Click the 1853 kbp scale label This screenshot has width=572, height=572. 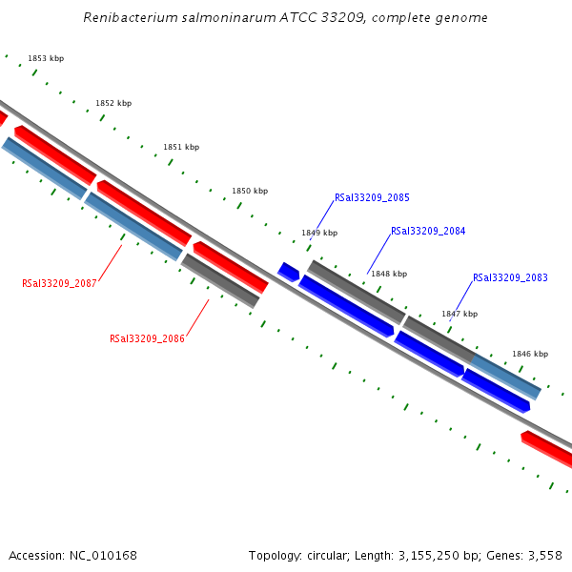(46, 59)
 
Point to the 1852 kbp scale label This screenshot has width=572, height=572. (113, 104)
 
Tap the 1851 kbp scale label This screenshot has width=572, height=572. (181, 148)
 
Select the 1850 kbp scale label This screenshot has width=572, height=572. (250, 192)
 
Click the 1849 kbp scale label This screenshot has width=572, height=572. (319, 233)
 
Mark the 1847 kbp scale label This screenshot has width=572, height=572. (459, 314)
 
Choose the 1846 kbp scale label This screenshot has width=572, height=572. (530, 354)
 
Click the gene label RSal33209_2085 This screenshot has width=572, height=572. (372, 198)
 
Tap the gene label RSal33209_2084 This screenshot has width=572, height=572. (428, 232)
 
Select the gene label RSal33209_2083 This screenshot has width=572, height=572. (510, 278)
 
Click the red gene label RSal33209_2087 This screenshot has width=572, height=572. (59, 284)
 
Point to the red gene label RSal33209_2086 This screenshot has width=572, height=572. (147, 339)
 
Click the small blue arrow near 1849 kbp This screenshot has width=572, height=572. (288, 272)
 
